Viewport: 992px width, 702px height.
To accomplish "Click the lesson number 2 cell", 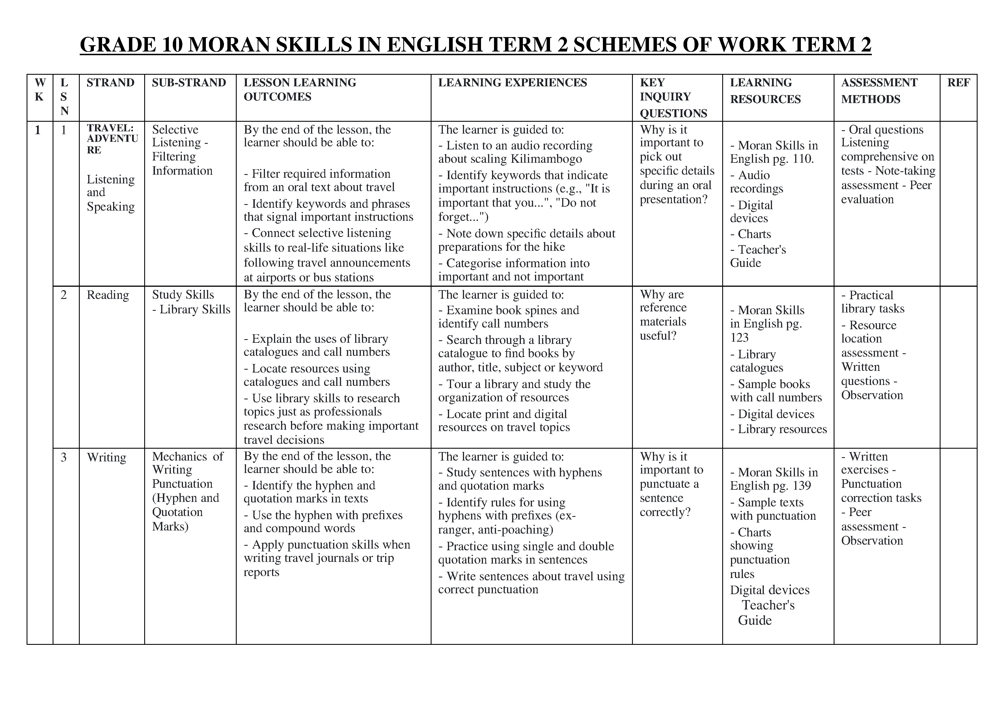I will [x=64, y=295].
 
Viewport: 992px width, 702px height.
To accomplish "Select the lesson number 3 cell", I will [x=64, y=457].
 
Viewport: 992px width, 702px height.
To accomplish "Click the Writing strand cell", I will [x=106, y=457].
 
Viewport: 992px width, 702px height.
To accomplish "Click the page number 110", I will [x=803, y=159].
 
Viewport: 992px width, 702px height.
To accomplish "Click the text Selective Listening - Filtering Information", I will [x=182, y=150].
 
